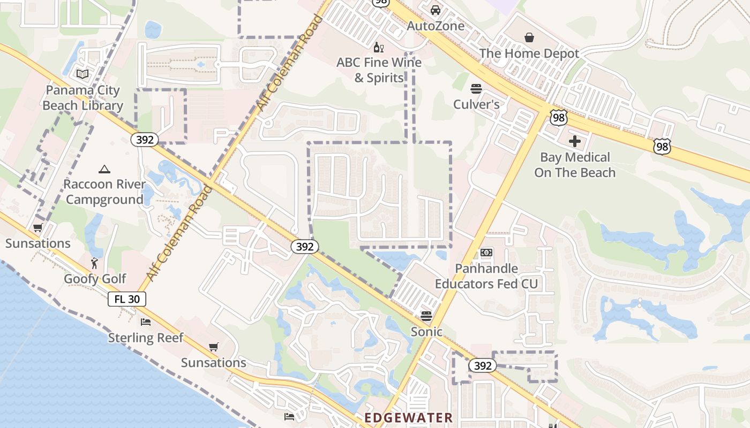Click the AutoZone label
[x=436, y=26]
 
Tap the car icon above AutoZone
[x=436, y=10]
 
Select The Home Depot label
[x=529, y=53]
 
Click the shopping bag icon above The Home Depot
[x=529, y=37]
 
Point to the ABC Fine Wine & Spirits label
[x=379, y=70]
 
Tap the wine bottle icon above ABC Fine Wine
[x=378, y=48]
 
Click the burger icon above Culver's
[x=476, y=88]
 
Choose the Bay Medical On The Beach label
[x=575, y=165]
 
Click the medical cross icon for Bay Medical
[x=575, y=141]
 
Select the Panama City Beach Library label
[x=82, y=98]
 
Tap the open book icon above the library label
[x=82, y=74]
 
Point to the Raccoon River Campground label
[x=104, y=192]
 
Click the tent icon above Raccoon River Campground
[x=104, y=170]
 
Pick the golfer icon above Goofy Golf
[x=95, y=263]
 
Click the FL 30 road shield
[x=127, y=299]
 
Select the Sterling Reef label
[x=146, y=338]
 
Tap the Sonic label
[x=426, y=332]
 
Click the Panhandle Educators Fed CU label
[x=486, y=276]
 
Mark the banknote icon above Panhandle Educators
[x=486, y=253]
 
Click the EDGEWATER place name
[x=408, y=417]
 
